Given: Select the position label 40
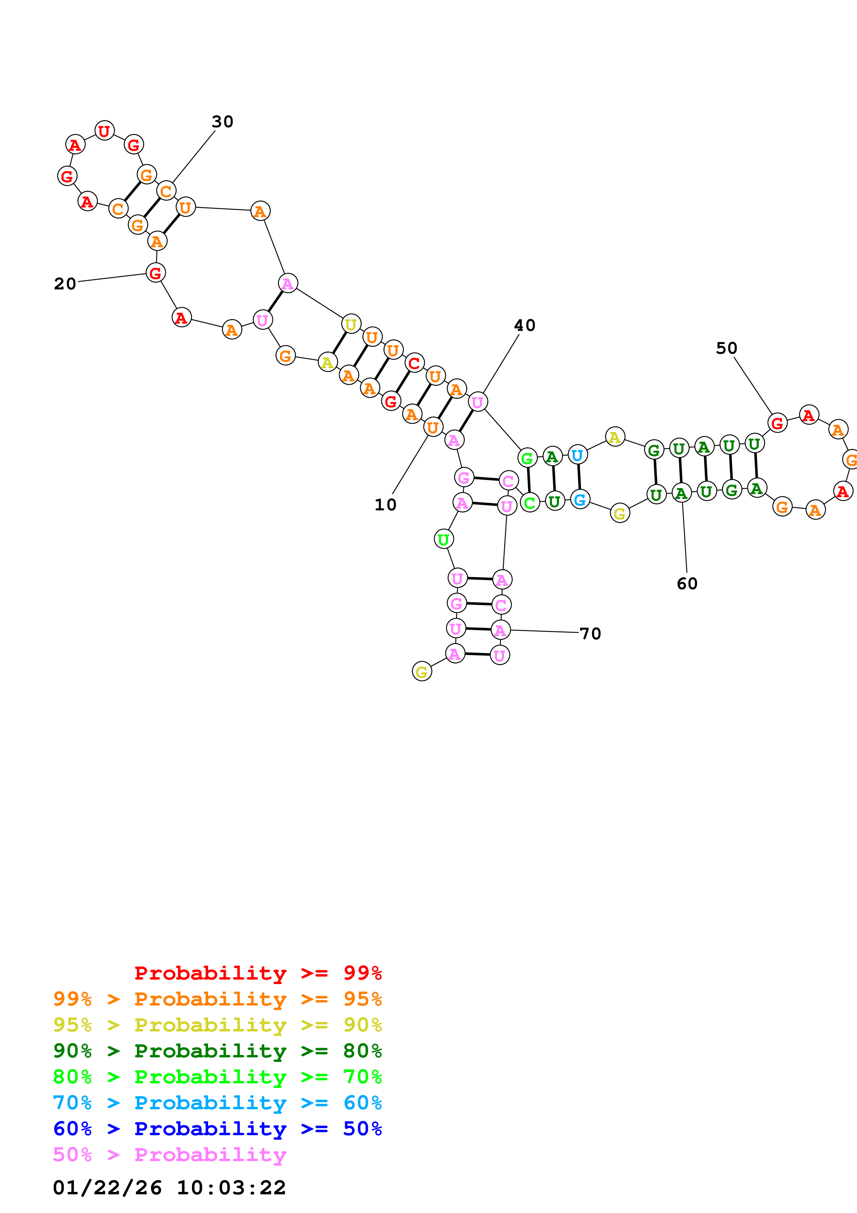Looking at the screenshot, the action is click(524, 325).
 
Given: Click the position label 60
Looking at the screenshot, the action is click(687, 584).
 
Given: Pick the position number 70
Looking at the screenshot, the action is click(590, 633).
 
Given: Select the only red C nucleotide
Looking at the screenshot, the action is click(414, 363).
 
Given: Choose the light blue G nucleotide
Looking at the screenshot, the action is click(580, 499).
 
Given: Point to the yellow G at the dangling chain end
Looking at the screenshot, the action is click(421, 672).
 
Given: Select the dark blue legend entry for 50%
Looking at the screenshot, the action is click(217, 1129).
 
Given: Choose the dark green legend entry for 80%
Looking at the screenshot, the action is click(217, 1051).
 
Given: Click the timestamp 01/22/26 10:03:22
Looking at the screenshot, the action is click(169, 1188).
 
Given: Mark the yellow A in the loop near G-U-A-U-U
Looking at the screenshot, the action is click(615, 437).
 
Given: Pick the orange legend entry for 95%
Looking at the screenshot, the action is click(217, 999).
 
